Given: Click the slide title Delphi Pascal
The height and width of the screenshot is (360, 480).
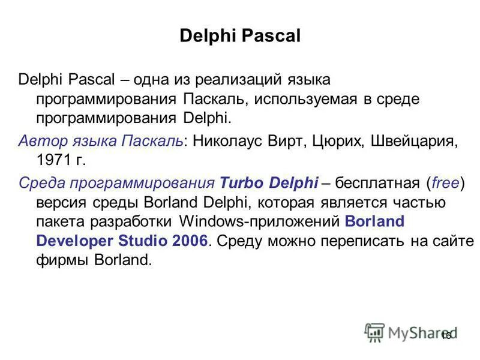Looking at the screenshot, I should click(x=239, y=37).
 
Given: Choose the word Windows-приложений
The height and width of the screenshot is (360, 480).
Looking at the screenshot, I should click(x=260, y=220).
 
